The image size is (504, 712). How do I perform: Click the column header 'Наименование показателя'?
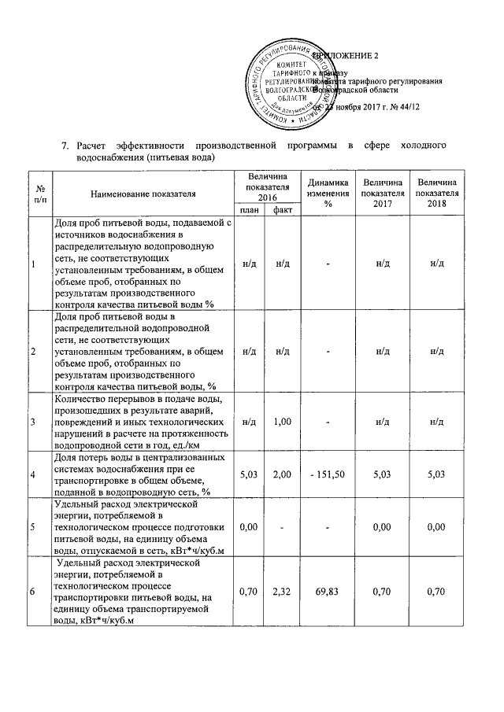click(143, 192)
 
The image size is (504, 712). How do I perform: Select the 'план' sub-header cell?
click(248, 210)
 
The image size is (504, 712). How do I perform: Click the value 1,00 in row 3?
click(282, 422)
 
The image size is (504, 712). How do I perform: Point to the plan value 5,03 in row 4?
click(248, 474)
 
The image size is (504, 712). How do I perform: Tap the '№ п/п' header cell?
click(39, 192)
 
